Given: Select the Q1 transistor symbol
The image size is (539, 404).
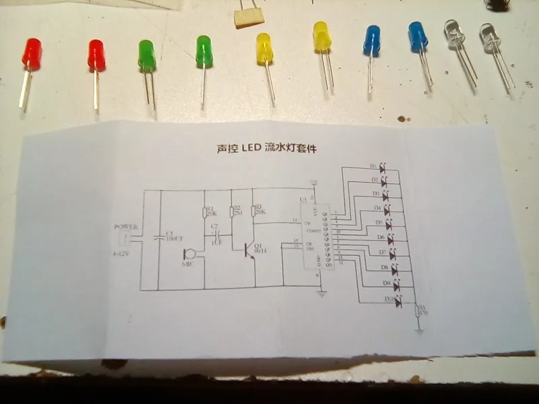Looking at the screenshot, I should (x=249, y=249).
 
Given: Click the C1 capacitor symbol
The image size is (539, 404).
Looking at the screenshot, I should (x=160, y=238).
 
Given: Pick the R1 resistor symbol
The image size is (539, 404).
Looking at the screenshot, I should (x=204, y=213).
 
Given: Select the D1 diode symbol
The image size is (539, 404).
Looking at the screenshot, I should (x=383, y=167).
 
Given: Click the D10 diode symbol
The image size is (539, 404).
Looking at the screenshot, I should (x=398, y=304).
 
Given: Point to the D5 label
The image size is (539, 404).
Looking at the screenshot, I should (x=379, y=222).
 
